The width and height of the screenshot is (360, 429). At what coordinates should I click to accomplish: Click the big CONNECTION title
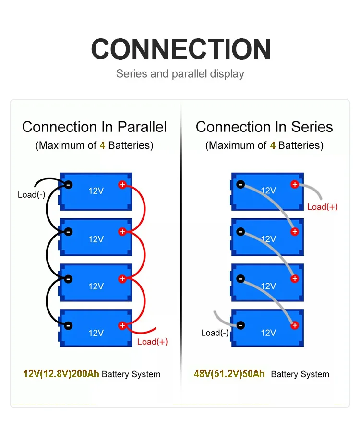pyautogui.click(x=180, y=49)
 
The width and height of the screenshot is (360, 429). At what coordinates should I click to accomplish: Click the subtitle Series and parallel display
pyautogui.click(x=180, y=74)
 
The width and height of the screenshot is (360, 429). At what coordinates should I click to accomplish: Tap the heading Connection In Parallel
pyautogui.click(x=95, y=127)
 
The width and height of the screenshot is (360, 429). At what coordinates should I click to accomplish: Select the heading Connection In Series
pyautogui.click(x=264, y=127)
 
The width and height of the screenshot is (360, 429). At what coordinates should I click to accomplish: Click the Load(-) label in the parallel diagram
pyautogui.click(x=31, y=195)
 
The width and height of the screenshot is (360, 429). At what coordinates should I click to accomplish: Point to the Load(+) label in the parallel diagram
pyautogui.click(x=153, y=342)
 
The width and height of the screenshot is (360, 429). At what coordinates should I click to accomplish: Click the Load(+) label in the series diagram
pyautogui.click(x=323, y=207)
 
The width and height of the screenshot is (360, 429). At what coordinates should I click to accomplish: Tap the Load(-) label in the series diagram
pyautogui.click(x=215, y=333)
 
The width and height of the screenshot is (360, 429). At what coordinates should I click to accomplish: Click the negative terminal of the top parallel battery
pyautogui.click(x=69, y=185)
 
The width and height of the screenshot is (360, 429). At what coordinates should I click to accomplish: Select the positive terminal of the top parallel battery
pyautogui.click(x=122, y=185)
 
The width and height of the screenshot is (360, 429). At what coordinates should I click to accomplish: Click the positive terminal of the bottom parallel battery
pyautogui.click(x=122, y=325)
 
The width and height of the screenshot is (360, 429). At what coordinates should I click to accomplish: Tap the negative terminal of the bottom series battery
pyautogui.click(x=240, y=325)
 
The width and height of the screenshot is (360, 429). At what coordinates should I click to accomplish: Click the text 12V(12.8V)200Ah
pyautogui.click(x=61, y=374)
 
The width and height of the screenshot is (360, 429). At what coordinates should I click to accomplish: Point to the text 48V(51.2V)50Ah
pyautogui.click(x=229, y=374)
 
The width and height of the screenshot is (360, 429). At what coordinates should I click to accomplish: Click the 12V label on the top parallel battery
pyautogui.click(x=96, y=191)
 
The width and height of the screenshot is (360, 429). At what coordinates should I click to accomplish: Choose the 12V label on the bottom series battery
pyautogui.click(x=268, y=333)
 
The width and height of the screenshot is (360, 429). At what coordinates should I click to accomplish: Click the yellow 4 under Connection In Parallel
pyautogui.click(x=102, y=145)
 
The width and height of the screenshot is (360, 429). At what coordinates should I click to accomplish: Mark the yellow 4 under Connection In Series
pyautogui.click(x=273, y=145)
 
